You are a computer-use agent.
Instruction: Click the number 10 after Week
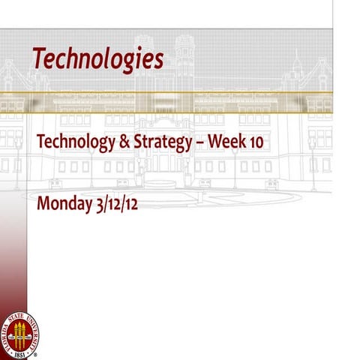[x=254, y=142]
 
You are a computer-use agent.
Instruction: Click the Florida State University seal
[x=20, y=330]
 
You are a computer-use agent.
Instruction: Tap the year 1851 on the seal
[x=20, y=349]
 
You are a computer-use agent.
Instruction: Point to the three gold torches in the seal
[x=20, y=331]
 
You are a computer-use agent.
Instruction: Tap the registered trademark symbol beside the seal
[x=38, y=350]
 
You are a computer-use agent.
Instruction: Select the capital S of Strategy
[x=134, y=141]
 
